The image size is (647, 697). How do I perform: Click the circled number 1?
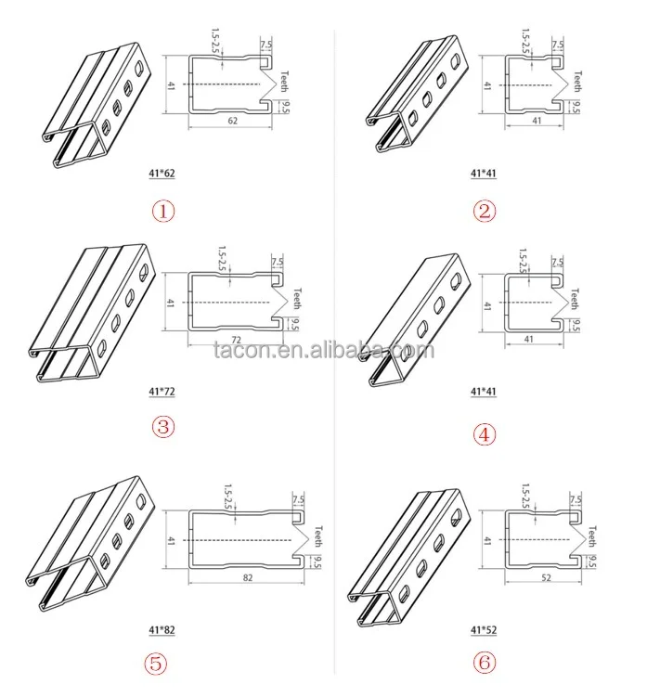tap(163, 211)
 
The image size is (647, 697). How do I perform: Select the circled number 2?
tap(485, 211)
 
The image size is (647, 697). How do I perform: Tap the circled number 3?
tap(163, 428)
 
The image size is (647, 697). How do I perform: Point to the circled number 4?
tap(485, 432)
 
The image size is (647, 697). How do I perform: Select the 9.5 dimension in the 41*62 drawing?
tap(285, 106)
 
